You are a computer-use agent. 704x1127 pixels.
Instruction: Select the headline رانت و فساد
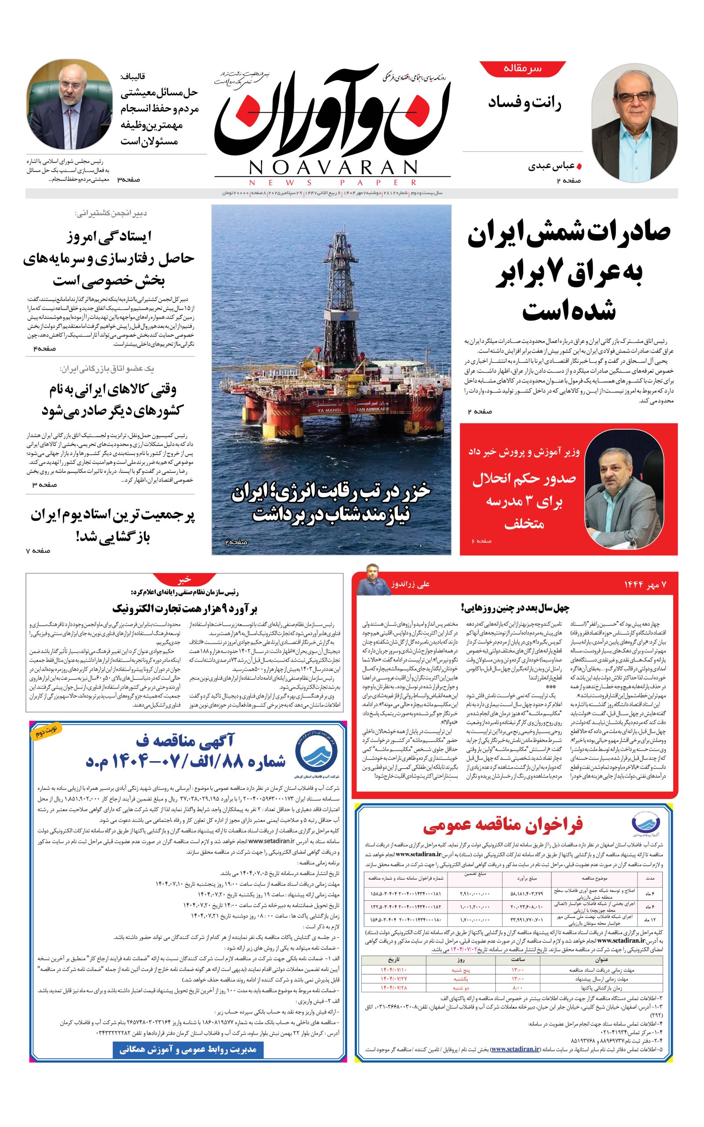(525, 103)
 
